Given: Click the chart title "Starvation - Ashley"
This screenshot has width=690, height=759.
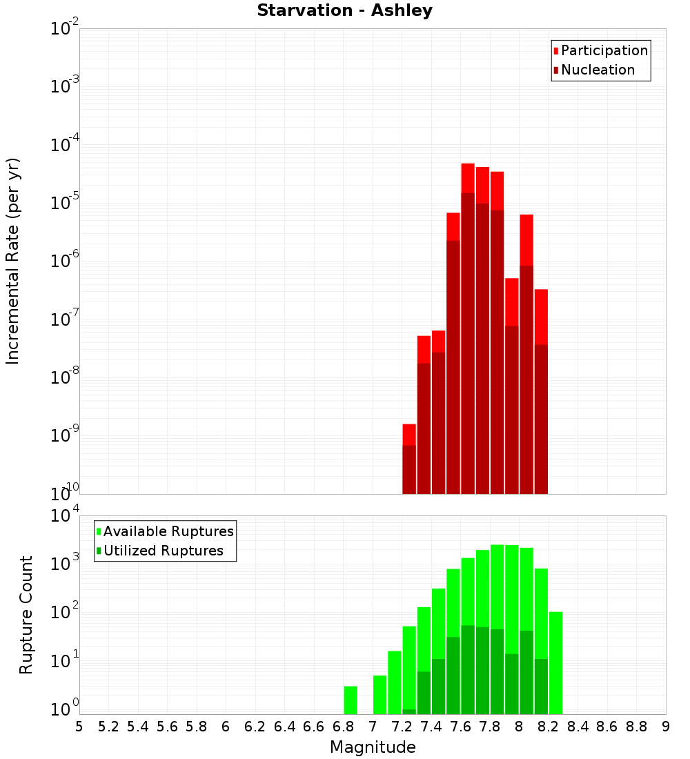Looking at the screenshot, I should tap(344, 11).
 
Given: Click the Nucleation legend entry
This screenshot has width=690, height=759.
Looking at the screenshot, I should tap(597, 70).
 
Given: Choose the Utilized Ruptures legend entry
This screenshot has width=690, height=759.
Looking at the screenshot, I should tap(162, 551).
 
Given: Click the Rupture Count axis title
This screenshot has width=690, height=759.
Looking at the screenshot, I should tap(26, 615).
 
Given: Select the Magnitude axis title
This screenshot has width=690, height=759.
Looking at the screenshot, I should tap(373, 747).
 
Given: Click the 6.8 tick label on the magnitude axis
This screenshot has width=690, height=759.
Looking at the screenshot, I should tap(343, 727).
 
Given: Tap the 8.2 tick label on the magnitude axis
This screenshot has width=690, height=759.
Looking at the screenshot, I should tap(549, 727).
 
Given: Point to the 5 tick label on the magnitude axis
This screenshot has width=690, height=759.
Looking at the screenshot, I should tap(79, 727).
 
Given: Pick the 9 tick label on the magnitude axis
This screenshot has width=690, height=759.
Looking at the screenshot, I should tap(666, 727).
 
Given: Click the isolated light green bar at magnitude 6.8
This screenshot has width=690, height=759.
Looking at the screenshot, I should tap(351, 700).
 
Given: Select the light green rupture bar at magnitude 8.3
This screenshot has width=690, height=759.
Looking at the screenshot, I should tap(555, 662).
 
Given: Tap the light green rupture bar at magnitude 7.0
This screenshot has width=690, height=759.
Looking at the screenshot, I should tap(379, 694).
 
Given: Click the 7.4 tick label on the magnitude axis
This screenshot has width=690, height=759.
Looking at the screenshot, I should tap(431, 727).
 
